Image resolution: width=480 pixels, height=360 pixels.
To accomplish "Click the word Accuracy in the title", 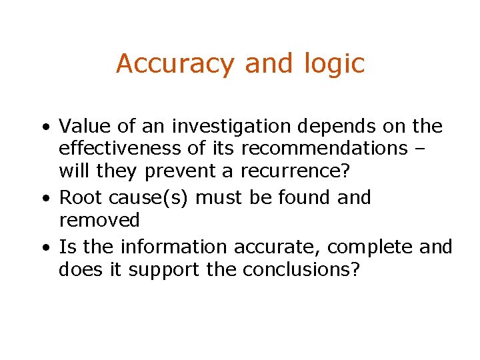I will [x=175, y=64].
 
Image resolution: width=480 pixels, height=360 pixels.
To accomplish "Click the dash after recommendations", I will [x=437, y=149].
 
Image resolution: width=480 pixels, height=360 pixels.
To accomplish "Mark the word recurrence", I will [x=293, y=171].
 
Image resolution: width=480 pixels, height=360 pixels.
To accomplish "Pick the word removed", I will [x=99, y=220].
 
